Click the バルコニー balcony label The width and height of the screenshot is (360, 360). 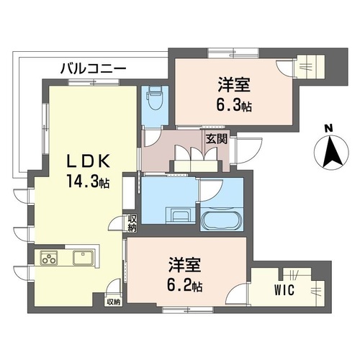pyautogui.click(x=93, y=68)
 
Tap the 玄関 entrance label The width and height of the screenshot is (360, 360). pyautogui.click(x=216, y=139)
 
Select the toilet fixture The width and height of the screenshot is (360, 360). pyautogui.click(x=153, y=99)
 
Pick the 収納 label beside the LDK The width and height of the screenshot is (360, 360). pyautogui.click(x=132, y=222)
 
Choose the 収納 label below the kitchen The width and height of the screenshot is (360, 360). pyautogui.click(x=114, y=302)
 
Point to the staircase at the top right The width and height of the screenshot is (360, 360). pyautogui.click(x=316, y=66)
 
